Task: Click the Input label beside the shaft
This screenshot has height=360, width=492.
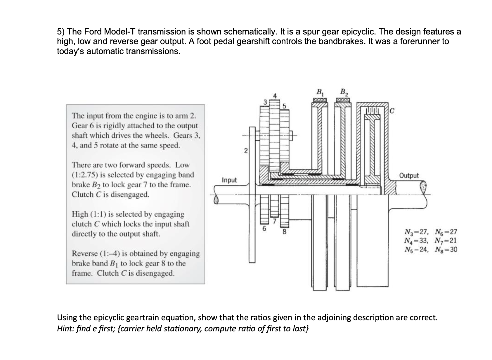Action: [229, 180]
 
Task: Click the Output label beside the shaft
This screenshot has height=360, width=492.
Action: [409, 176]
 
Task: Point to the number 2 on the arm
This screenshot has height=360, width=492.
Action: [246, 151]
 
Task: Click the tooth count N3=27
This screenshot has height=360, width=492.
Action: [417, 233]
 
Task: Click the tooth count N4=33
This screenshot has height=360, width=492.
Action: [417, 241]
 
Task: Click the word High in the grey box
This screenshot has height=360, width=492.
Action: [80, 214]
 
